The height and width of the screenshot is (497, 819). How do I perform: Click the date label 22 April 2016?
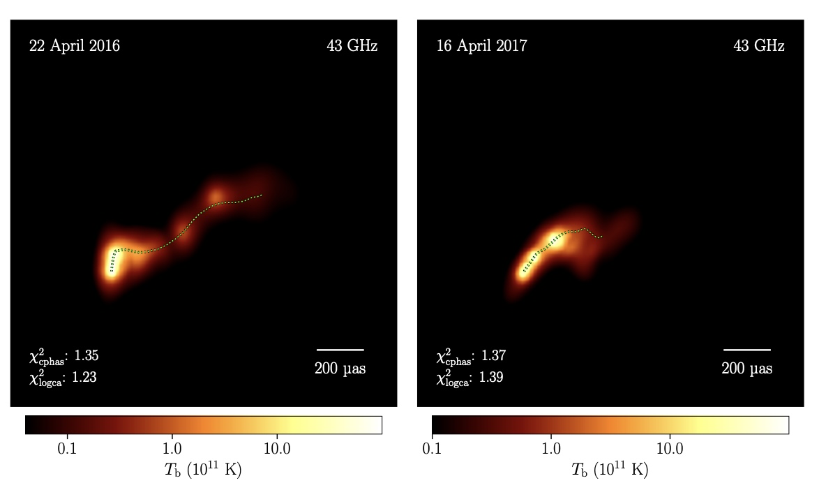pyautogui.click(x=75, y=46)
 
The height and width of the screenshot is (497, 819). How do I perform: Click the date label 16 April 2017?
pyautogui.click(x=481, y=46)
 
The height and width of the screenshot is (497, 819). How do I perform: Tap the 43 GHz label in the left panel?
pyautogui.click(x=352, y=46)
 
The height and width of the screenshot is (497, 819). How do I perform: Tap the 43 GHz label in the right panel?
pyautogui.click(x=759, y=46)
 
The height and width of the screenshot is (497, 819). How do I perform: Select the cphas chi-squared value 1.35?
pyautogui.click(x=87, y=355)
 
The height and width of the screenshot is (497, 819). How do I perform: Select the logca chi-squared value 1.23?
pyautogui.click(x=84, y=378)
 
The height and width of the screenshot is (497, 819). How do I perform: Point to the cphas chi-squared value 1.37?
pyautogui.click(x=493, y=355)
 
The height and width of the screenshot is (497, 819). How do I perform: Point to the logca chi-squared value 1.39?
pyautogui.click(x=491, y=378)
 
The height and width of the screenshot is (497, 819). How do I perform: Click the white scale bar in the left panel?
pyautogui.click(x=340, y=350)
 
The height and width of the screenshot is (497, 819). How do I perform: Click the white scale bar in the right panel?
pyautogui.click(x=747, y=350)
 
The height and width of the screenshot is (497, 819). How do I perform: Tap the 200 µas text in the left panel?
pyautogui.click(x=340, y=369)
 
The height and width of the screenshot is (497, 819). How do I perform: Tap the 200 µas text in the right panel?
pyautogui.click(x=747, y=369)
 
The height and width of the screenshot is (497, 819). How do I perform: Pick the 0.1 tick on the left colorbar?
pyautogui.click(x=67, y=448)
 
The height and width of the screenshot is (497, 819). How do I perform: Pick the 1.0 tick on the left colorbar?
pyautogui.click(x=172, y=448)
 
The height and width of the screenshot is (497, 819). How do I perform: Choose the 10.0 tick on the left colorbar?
pyautogui.click(x=277, y=448)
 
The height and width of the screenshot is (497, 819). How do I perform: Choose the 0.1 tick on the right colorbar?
pyautogui.click(x=432, y=448)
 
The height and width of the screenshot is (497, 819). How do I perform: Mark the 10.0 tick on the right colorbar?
pyautogui.click(x=670, y=448)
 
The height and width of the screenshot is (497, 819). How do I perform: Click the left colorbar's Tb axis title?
pyautogui.click(x=203, y=469)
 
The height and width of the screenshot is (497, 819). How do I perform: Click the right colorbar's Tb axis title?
pyautogui.click(x=610, y=469)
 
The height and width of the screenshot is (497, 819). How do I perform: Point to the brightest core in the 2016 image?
pyautogui.click(x=112, y=264)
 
